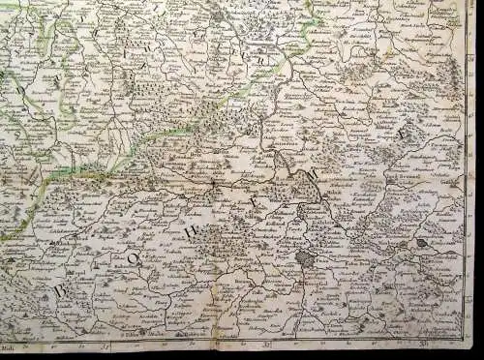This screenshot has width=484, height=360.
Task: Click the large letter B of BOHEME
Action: click(60, 290)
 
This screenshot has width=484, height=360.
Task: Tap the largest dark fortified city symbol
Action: click(306, 259)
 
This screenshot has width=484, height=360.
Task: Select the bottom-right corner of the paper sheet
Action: click(475, 352)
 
